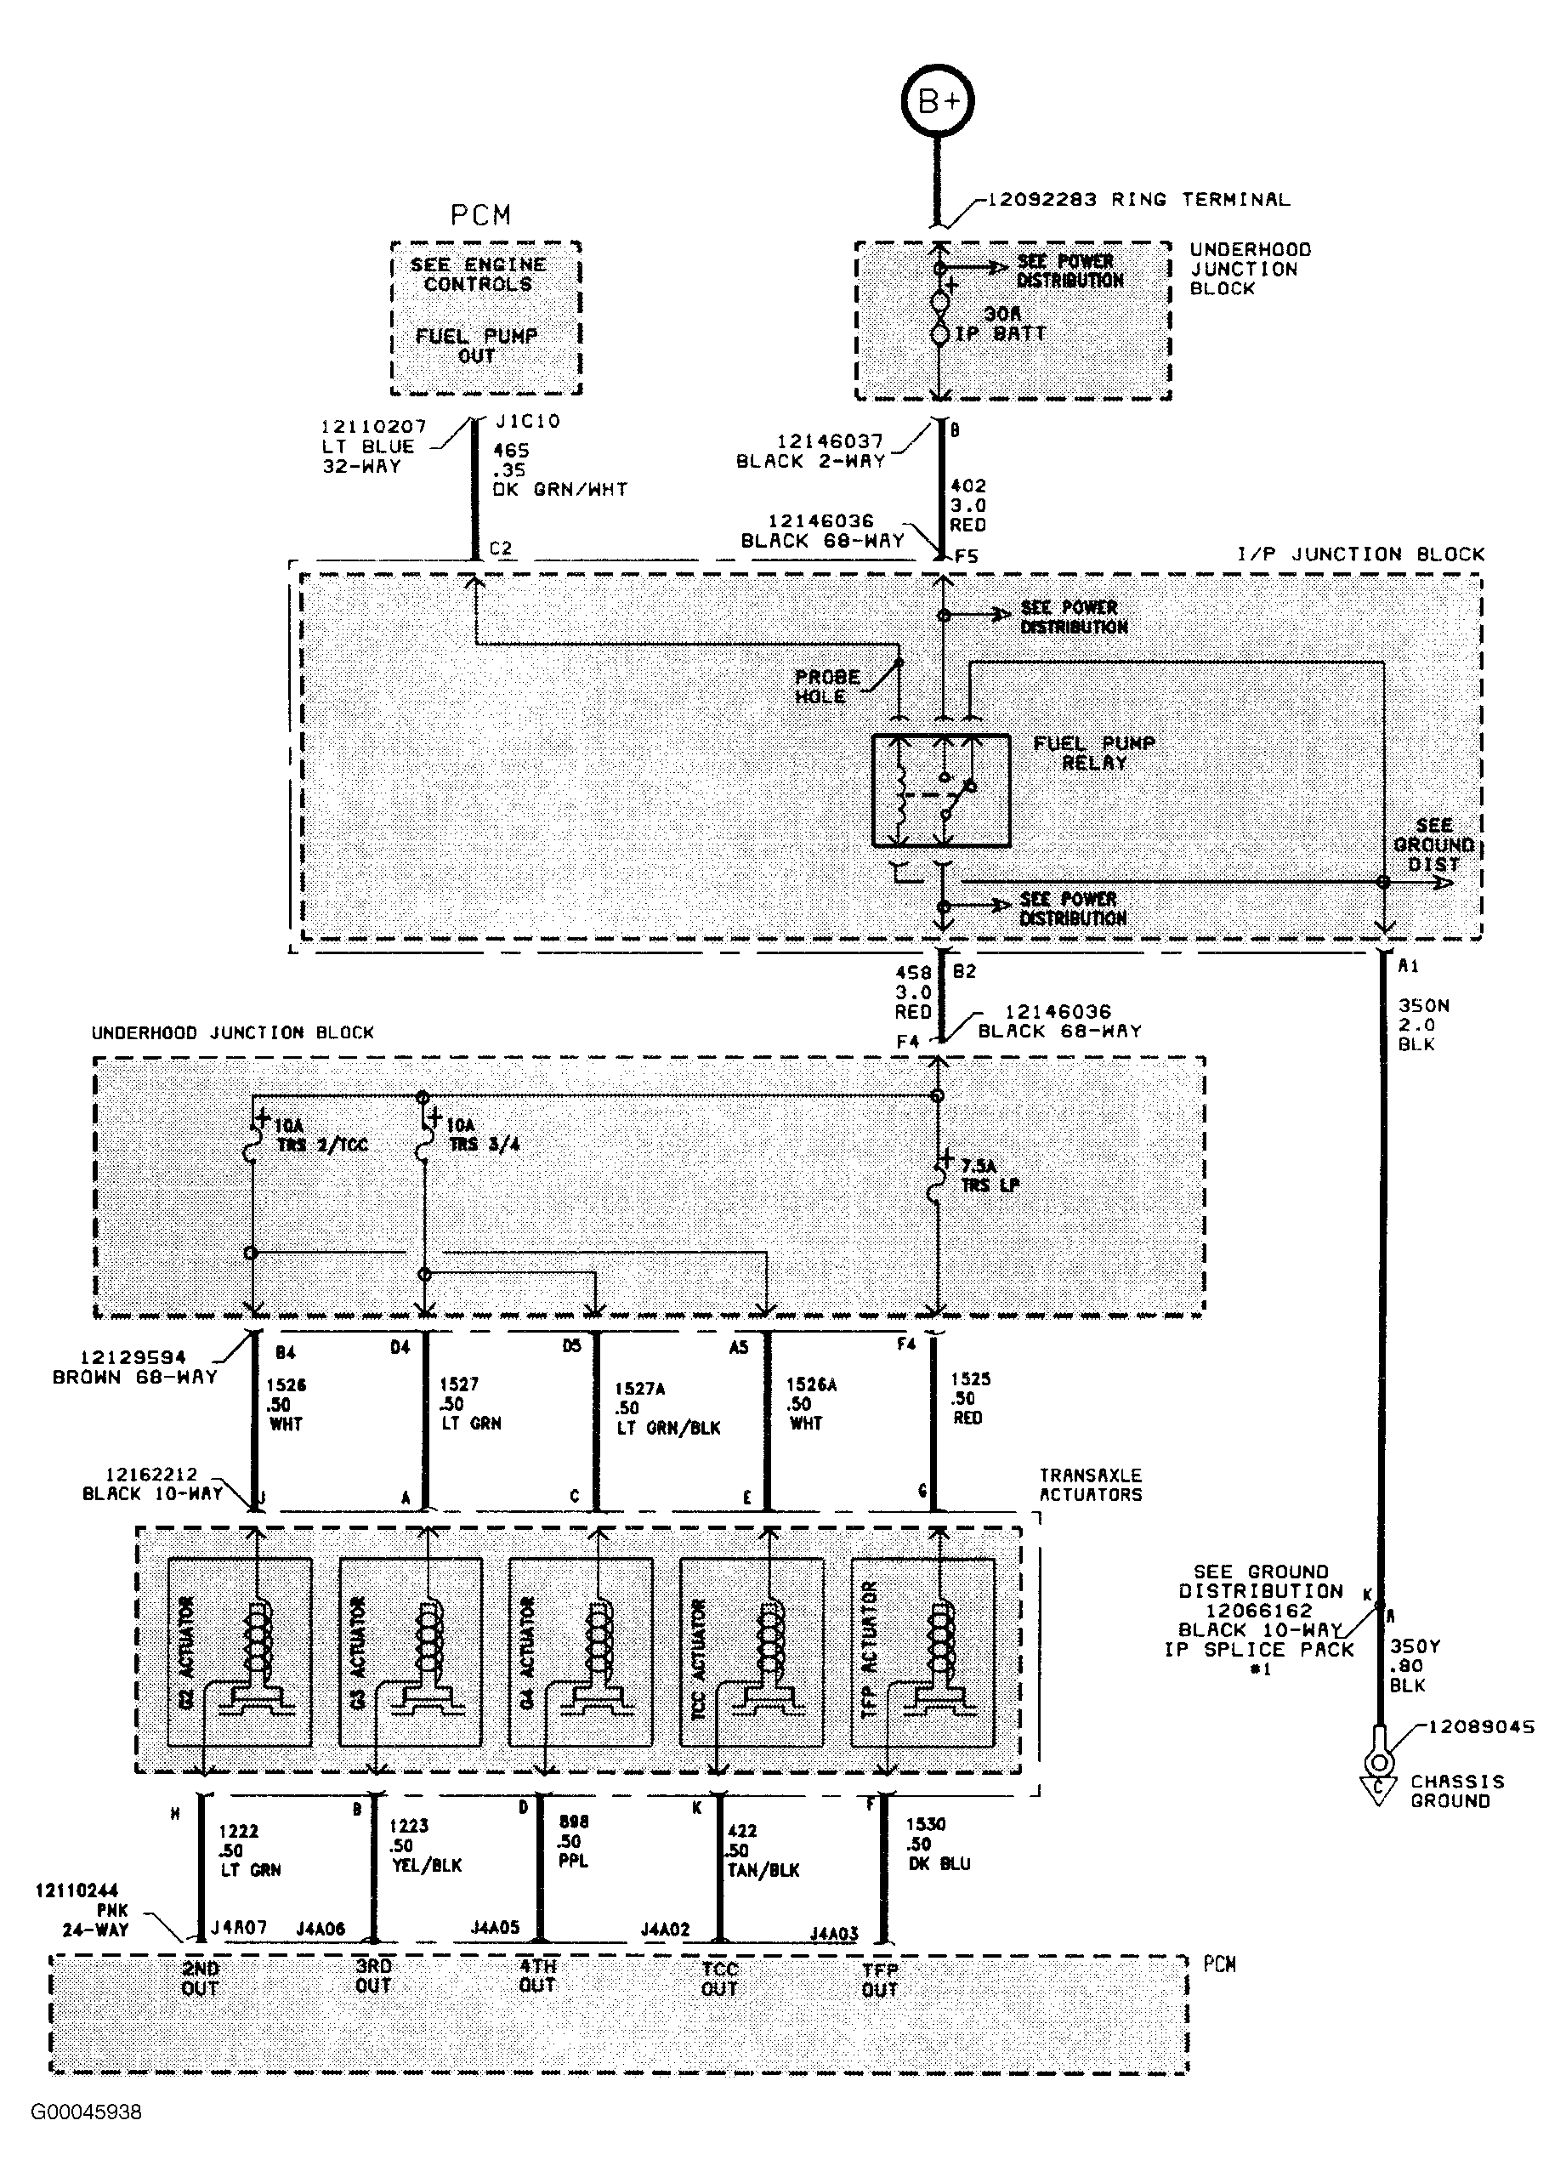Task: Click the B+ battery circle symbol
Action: (938, 101)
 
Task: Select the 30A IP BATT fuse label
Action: (1000, 324)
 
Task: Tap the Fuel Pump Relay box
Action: (941, 791)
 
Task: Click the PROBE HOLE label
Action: (826, 686)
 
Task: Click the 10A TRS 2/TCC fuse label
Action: (321, 1134)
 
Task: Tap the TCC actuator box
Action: (751, 1651)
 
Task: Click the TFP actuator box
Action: (922, 1651)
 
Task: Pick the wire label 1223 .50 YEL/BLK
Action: (425, 1845)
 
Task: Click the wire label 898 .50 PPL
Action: (574, 1840)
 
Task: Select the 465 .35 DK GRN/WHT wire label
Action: (559, 469)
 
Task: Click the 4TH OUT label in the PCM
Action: (537, 1976)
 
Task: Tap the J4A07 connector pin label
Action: (239, 1928)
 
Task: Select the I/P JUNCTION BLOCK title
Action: (1360, 554)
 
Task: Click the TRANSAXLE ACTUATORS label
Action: (1090, 1485)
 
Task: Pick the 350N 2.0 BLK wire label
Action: (1422, 1024)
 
